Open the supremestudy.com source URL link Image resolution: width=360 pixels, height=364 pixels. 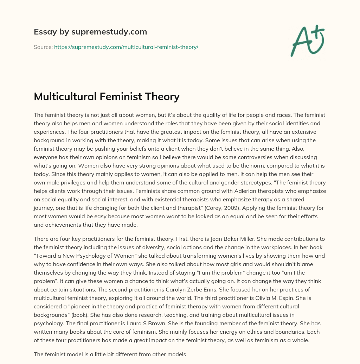click(x=126, y=47)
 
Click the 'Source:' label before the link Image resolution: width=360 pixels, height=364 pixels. click(x=43, y=47)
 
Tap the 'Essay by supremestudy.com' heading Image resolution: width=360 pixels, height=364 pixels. click(x=90, y=32)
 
